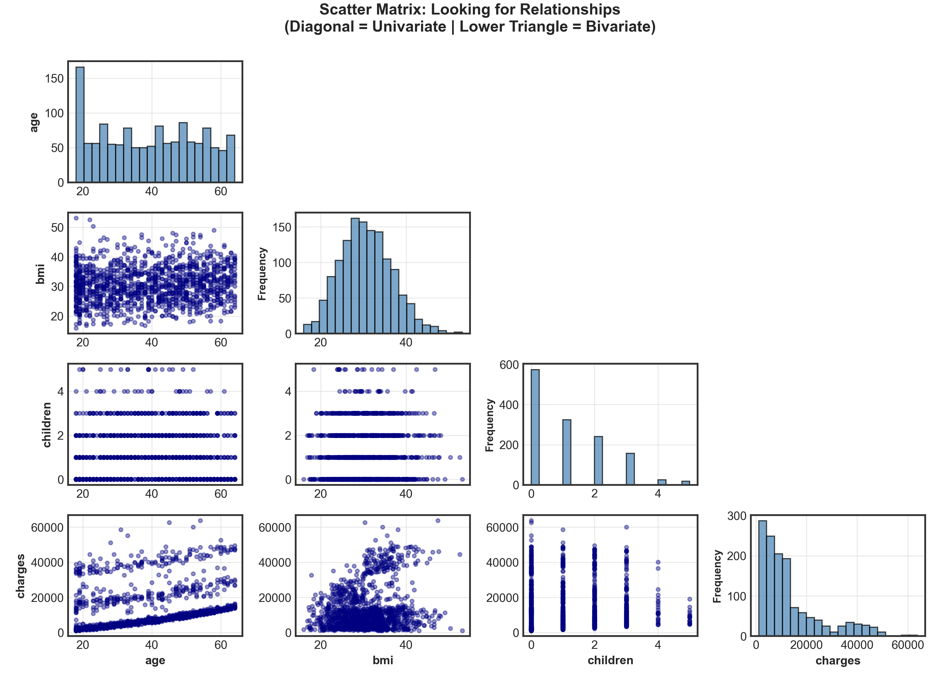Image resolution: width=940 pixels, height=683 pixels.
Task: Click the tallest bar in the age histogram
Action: (x=80, y=124)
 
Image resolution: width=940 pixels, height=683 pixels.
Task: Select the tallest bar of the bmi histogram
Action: (x=355, y=276)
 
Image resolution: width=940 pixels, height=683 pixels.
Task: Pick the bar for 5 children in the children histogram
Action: (x=686, y=483)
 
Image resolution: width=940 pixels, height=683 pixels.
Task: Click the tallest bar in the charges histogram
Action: (x=762, y=578)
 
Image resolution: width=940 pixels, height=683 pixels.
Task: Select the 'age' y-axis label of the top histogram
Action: (x=34, y=123)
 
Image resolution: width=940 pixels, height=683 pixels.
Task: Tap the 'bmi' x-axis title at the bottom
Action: (x=383, y=660)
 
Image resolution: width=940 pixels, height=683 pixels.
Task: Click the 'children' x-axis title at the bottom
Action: (x=610, y=660)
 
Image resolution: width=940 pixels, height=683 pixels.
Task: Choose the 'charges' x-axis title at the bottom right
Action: (x=838, y=661)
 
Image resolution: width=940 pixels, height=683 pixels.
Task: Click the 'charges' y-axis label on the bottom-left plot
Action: (x=20, y=576)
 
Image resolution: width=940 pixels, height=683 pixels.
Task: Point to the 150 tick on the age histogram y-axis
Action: (x=54, y=79)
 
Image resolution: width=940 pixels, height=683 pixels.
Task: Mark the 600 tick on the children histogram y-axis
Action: (x=509, y=365)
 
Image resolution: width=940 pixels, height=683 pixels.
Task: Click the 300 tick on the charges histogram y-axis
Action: (x=737, y=516)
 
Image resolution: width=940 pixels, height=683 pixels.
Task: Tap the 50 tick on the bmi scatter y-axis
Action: (x=57, y=227)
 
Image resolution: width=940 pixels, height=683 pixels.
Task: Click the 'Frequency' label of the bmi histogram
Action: (x=262, y=274)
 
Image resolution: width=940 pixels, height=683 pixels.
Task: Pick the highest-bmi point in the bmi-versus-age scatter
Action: (x=76, y=218)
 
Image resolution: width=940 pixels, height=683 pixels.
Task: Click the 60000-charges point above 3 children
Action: (x=626, y=527)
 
